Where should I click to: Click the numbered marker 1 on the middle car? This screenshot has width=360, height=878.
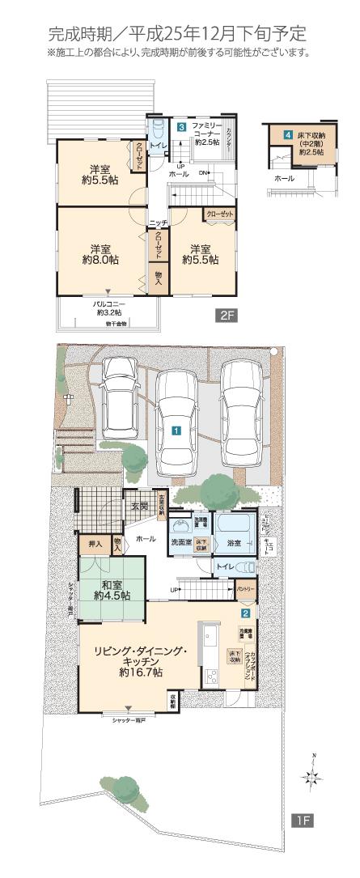(176, 431)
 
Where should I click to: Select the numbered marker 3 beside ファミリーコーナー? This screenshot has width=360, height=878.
(183, 128)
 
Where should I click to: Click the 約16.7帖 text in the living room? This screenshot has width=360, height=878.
(141, 672)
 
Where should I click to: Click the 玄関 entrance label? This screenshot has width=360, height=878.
(139, 507)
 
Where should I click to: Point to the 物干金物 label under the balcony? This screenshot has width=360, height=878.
(116, 323)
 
